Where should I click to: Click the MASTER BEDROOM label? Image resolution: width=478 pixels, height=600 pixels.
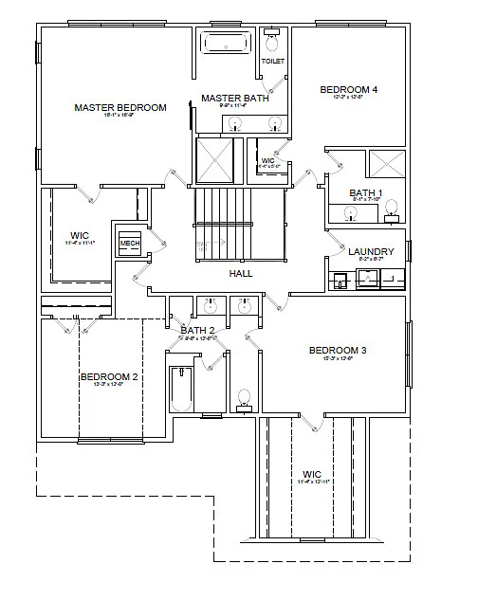(x=120, y=108)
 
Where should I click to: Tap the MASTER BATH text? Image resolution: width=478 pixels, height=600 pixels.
(x=234, y=98)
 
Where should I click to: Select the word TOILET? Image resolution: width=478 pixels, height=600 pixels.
(x=272, y=62)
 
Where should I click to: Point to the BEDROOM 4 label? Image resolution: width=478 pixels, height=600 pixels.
(x=348, y=90)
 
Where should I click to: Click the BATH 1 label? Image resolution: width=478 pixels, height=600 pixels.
(x=364, y=192)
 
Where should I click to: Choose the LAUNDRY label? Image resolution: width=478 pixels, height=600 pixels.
(x=370, y=251)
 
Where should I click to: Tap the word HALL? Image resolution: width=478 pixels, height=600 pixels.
(x=240, y=273)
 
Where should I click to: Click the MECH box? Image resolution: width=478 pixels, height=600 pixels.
(x=128, y=243)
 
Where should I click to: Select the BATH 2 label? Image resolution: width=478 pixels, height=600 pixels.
(x=198, y=330)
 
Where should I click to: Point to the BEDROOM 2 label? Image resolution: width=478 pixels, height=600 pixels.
(x=109, y=376)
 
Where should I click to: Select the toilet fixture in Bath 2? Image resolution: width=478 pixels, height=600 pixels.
(x=244, y=398)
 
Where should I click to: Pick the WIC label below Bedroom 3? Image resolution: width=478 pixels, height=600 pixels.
(x=312, y=474)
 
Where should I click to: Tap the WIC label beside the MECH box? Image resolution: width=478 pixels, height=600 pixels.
(x=80, y=236)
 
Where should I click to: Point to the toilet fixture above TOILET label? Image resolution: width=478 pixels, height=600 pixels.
(x=272, y=41)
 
